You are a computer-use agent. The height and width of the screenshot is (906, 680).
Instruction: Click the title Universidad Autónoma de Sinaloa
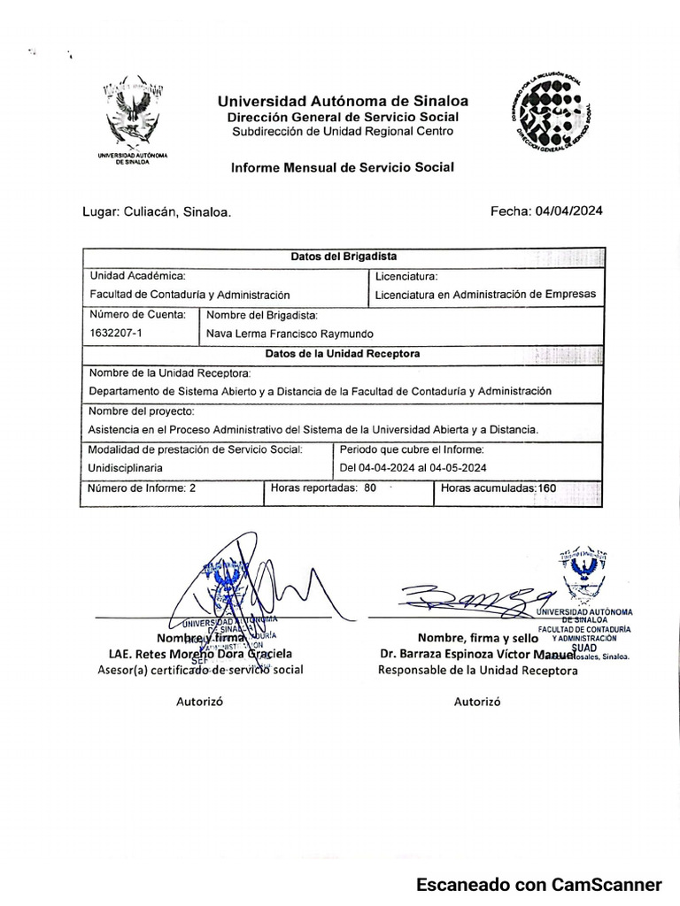[x=343, y=101]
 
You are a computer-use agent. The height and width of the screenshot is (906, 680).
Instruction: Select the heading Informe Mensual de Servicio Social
[x=342, y=166]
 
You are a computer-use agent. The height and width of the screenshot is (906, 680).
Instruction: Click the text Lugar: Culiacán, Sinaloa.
[x=157, y=213]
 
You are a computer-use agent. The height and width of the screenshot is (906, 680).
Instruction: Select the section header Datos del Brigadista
[x=344, y=256]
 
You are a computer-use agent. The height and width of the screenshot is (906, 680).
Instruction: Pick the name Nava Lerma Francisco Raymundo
[x=290, y=334]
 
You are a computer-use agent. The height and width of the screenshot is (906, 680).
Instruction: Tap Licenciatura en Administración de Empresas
[x=485, y=295]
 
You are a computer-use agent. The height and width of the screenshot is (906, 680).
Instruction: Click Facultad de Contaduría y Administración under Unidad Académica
[x=189, y=295]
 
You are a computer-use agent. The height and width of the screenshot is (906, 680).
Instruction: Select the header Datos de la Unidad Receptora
[x=344, y=353]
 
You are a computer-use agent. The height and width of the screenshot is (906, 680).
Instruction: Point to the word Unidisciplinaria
[x=126, y=468]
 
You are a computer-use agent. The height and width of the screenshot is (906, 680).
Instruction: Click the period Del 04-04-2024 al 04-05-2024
[x=413, y=468]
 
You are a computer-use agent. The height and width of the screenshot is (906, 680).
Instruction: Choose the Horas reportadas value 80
[x=370, y=488]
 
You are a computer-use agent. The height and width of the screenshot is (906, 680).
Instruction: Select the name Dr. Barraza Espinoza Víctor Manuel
[x=476, y=654]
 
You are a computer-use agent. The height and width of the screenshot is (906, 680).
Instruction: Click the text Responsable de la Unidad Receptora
[x=477, y=671]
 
